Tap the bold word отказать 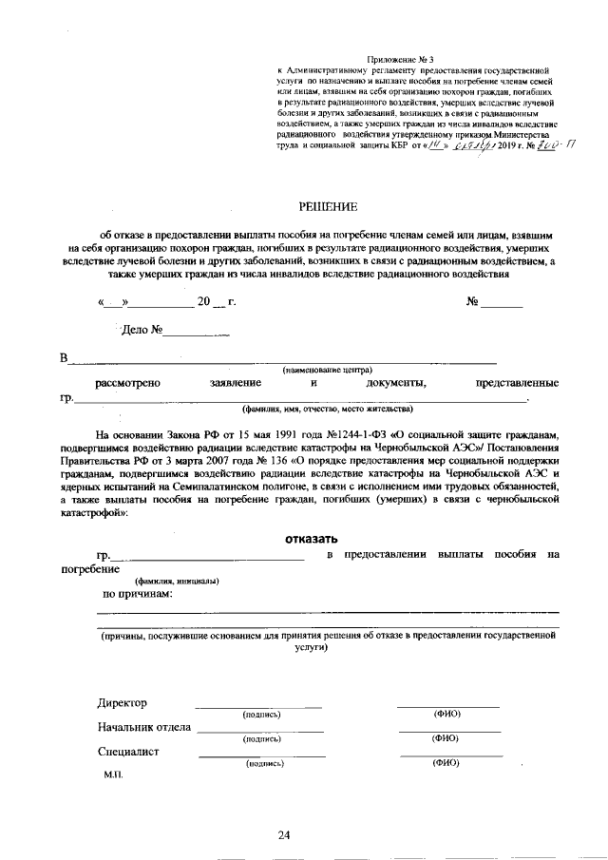(x=312, y=539)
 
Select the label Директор (x=123, y=703)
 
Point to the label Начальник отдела (x=144, y=728)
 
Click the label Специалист (x=128, y=752)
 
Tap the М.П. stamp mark (x=114, y=774)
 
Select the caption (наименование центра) (x=327, y=370)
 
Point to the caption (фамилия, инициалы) (x=177, y=580)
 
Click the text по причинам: (x=138, y=594)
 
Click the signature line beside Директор (x=257, y=706)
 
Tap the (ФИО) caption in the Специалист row (x=446, y=762)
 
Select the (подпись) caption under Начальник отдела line (x=261, y=738)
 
